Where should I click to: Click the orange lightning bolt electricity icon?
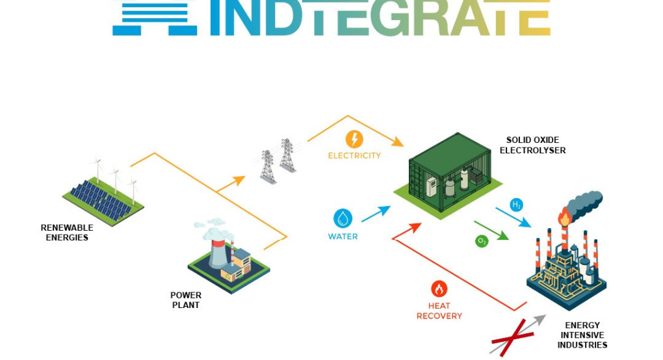point(354,139)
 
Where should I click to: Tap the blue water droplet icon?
point(343,218)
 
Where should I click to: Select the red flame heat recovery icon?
point(439,289)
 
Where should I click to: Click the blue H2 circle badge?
point(516,205)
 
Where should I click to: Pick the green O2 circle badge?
point(482,241)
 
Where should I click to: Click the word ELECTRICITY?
point(354,155)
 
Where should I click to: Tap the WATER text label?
point(343,237)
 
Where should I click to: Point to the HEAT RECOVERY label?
point(439,311)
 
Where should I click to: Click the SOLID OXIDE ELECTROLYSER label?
point(533,145)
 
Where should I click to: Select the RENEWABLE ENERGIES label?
point(67,233)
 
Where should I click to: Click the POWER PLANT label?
point(186,300)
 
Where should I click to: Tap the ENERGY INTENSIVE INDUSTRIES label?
point(582,335)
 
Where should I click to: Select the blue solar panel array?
point(101,200)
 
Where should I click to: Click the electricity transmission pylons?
point(278,161)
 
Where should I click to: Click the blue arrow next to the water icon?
point(376,214)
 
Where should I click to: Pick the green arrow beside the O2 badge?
point(491,230)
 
